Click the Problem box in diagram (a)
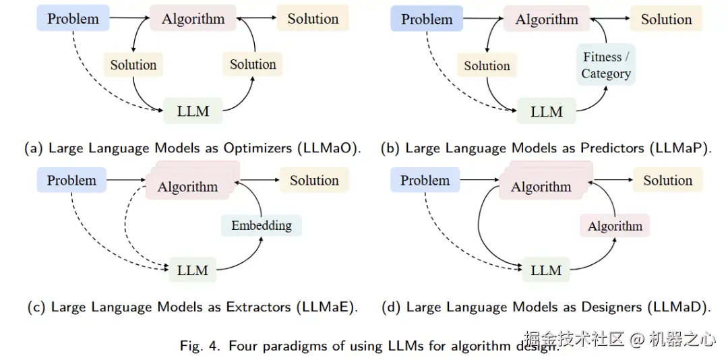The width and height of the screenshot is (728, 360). (73, 19)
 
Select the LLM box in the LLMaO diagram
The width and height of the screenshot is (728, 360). (193, 111)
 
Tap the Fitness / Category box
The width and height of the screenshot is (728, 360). (606, 65)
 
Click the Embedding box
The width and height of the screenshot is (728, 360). (262, 225)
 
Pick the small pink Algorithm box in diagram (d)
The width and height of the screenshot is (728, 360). (615, 226)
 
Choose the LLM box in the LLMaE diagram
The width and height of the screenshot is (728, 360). (193, 270)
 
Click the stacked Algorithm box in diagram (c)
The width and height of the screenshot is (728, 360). (187, 186)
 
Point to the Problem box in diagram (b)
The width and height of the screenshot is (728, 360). (427, 19)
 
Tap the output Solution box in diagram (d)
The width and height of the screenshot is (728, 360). (667, 180)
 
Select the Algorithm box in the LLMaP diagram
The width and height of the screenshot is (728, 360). (547, 19)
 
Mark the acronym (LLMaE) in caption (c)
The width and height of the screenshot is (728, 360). (326, 307)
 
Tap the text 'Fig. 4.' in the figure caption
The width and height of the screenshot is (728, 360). (201, 347)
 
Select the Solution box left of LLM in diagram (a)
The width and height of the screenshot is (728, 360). (133, 65)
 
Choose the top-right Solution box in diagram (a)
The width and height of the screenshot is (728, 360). (313, 19)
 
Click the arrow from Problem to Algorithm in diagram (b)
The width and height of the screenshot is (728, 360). (483, 19)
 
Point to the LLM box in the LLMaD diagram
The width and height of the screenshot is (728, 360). (546, 270)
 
